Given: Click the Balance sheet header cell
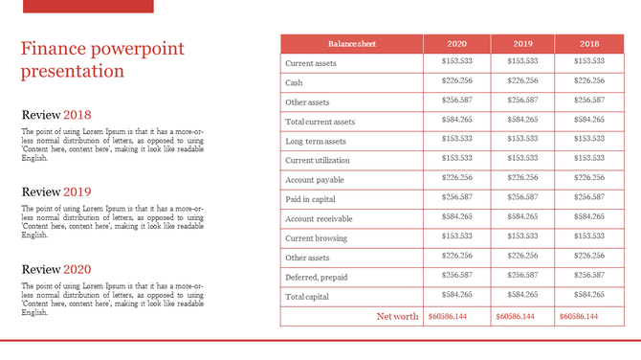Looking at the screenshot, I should tap(351, 44).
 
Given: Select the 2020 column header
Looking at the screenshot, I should tap(457, 44).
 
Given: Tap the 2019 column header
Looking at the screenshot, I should tap(522, 44).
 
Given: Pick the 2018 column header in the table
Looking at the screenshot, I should tap(588, 44).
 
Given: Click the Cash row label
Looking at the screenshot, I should tap(295, 82).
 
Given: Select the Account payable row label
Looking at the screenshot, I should tap(315, 180).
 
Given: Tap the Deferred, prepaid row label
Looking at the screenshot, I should tap(317, 277).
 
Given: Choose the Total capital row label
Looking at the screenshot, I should tap(307, 297).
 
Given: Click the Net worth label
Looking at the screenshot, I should tap(397, 316).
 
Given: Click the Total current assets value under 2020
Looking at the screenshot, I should tap(457, 121).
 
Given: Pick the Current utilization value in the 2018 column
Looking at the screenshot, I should tap(589, 159).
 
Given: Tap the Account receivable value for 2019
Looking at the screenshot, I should tap(522, 217).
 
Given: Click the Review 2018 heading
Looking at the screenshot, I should tap(56, 116).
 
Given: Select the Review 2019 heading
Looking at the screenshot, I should tap(56, 191).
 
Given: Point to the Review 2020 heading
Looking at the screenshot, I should tap(56, 269).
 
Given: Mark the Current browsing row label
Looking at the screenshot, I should tap(317, 238).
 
